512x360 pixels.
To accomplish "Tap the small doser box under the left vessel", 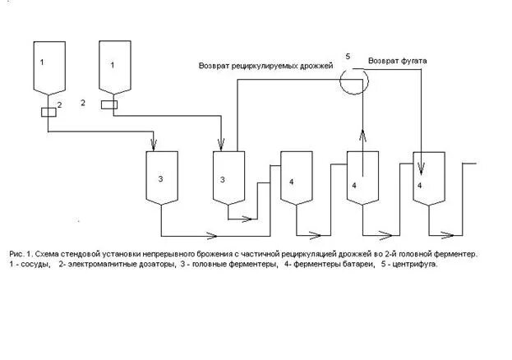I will [48, 113].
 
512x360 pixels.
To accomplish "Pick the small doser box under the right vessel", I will [108, 104].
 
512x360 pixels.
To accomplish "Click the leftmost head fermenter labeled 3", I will [162, 177].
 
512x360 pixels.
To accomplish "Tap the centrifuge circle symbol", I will [354, 78].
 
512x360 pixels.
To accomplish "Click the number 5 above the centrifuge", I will [348, 56].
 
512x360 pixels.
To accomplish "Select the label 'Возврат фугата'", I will [399, 62].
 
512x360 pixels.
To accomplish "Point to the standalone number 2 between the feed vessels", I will [83, 103].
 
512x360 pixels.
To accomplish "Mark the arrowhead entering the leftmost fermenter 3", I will [151, 147].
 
